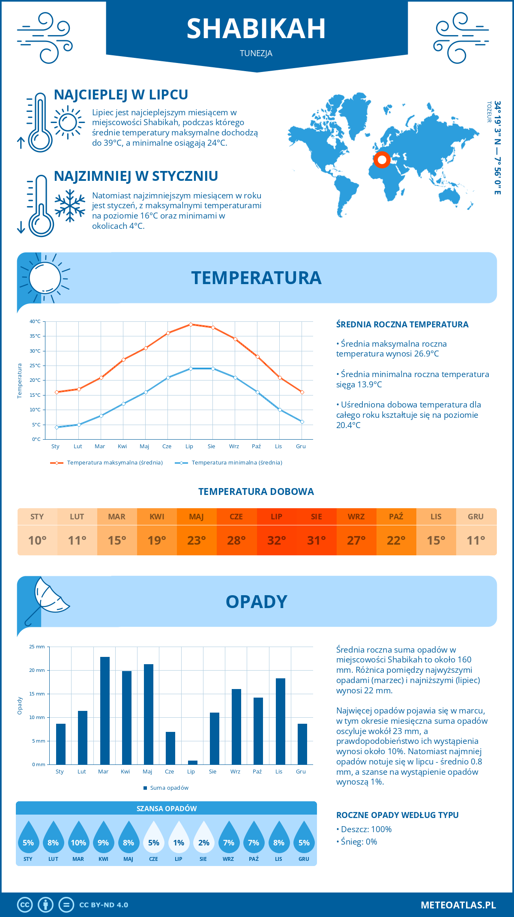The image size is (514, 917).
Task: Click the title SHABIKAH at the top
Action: click(x=256, y=29)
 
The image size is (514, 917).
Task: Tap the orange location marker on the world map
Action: click(x=382, y=160)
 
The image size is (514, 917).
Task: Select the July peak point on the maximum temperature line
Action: click(x=191, y=324)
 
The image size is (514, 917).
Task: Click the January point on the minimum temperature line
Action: click(x=57, y=427)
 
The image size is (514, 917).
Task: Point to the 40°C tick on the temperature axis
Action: click(x=35, y=321)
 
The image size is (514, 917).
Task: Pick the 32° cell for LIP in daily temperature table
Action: click(x=276, y=540)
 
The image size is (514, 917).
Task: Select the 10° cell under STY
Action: click(x=37, y=540)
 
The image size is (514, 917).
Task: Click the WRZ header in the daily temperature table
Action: click(x=356, y=517)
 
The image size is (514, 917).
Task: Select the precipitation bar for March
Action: click(x=105, y=710)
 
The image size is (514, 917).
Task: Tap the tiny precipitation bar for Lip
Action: click(x=192, y=762)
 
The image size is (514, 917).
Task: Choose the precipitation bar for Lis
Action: click(x=280, y=721)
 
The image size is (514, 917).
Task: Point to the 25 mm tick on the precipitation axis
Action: click(x=37, y=647)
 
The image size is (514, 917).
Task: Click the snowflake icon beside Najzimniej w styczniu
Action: click(x=70, y=206)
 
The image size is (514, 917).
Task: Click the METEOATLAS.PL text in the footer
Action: click(x=458, y=905)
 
